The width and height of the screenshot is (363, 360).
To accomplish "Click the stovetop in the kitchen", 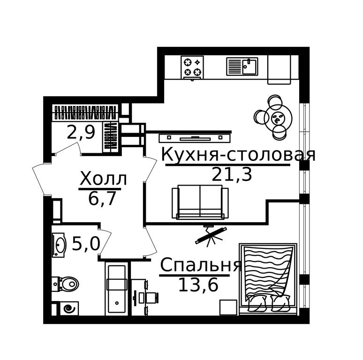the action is (192, 67).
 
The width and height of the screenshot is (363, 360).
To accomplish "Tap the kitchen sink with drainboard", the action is (242, 67).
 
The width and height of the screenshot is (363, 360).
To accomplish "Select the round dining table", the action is (278, 118).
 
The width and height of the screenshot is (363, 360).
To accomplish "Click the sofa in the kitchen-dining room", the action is (200, 202).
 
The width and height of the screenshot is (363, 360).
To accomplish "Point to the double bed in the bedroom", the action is (268, 278).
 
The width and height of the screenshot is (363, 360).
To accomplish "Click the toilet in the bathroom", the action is (66, 284).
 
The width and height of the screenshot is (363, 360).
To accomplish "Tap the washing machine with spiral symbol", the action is (69, 308).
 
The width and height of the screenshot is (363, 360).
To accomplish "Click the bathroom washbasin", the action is (59, 245).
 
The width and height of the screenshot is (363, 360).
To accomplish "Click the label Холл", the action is (103, 179).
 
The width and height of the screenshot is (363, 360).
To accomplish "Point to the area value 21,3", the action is (232, 174).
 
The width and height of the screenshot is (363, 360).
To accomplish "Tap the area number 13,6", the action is (198, 285).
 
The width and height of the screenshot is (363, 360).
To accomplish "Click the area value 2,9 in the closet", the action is (81, 132).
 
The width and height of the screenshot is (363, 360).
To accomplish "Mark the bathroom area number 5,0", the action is (86, 244).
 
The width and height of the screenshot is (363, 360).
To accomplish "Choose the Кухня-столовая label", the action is (238, 154).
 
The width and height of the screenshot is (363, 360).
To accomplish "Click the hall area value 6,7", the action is (102, 198).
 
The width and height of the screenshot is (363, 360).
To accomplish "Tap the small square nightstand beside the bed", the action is (228, 307).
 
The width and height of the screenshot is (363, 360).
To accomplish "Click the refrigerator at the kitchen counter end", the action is (279, 70).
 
